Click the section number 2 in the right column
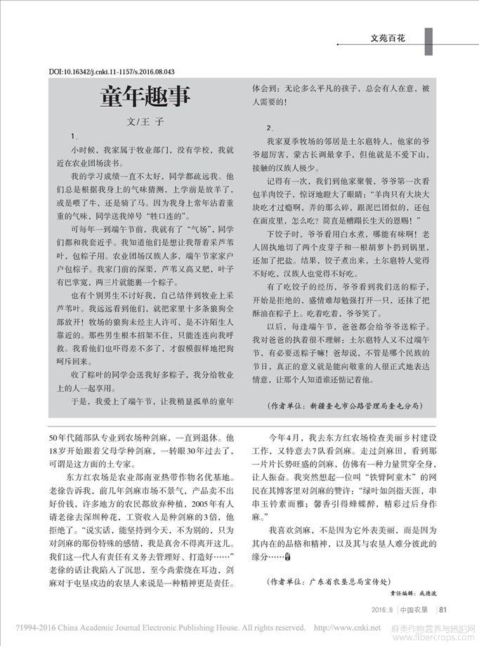[x=269, y=128]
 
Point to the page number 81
[x=442, y=609]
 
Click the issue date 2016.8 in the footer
[x=383, y=609]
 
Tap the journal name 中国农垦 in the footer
[x=414, y=609]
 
